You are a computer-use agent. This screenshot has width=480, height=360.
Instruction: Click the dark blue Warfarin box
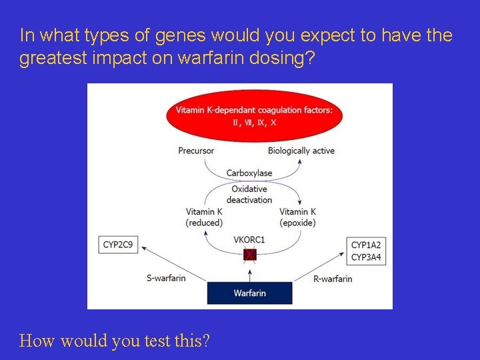pyautogui.click(x=249, y=293)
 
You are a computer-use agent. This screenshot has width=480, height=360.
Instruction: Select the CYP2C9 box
pyautogui.click(x=118, y=245)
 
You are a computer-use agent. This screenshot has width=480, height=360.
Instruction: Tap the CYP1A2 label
pyautogui.click(x=366, y=245)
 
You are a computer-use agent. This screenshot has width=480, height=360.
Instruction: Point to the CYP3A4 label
pyautogui.click(x=366, y=257)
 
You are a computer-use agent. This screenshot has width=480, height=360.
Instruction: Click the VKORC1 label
pyautogui.click(x=249, y=239)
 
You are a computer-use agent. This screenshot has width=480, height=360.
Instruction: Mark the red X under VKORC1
pyautogui.click(x=249, y=255)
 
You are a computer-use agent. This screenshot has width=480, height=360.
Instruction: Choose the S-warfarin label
pyautogui.click(x=165, y=277)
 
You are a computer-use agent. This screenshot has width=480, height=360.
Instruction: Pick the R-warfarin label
pyautogui.click(x=333, y=278)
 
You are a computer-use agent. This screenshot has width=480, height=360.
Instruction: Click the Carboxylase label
pyautogui.click(x=249, y=173)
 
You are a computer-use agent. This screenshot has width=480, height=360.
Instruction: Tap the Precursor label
pyautogui.click(x=196, y=151)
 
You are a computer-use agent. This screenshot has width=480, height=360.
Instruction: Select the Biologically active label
pyautogui.click(x=301, y=151)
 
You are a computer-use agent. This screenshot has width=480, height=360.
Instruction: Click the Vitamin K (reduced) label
pyautogui.click(x=204, y=217)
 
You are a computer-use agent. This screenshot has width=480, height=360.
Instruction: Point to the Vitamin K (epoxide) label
pyautogui.click(x=298, y=217)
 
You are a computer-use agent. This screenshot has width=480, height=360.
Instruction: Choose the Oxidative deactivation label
pyautogui.click(x=249, y=194)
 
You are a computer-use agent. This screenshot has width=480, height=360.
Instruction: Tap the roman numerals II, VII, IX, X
pyautogui.click(x=254, y=123)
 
